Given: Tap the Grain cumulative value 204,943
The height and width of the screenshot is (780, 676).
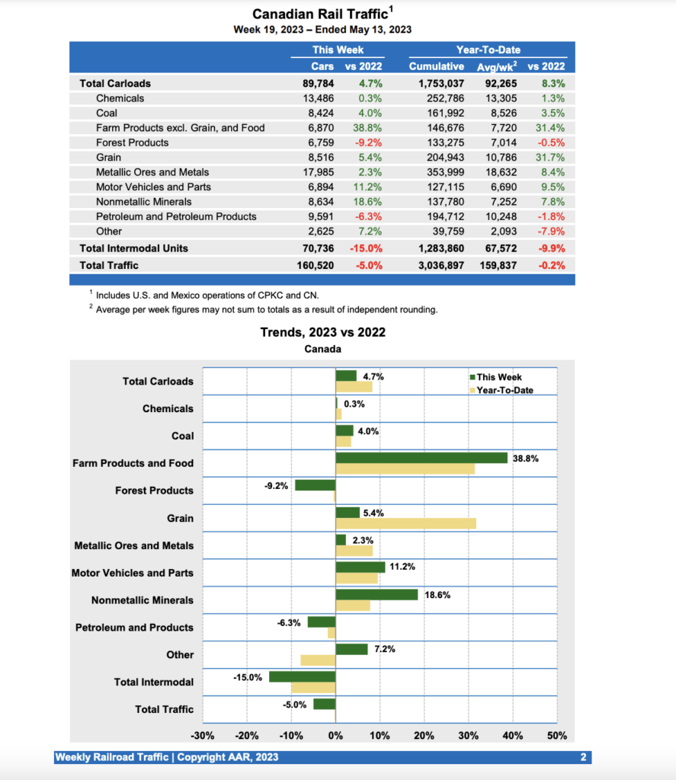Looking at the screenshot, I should coord(442,157).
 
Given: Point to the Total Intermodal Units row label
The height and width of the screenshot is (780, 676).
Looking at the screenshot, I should coord(133,248).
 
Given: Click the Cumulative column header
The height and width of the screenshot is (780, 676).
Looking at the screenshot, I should coord(437,66).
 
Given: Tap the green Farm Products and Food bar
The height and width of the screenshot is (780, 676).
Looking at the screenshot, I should coord(421,458).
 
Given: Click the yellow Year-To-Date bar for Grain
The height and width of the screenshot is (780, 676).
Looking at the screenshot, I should coord(406,523).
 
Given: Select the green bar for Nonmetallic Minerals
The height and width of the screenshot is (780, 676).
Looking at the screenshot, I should coord(376,594).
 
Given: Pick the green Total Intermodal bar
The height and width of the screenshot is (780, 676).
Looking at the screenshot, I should coord(303,676).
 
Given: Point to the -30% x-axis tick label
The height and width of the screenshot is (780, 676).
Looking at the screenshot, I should coord(202,737).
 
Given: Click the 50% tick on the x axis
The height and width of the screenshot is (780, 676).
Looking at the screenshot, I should coord(557,737).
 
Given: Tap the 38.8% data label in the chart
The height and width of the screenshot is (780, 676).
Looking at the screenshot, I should coord(525,459).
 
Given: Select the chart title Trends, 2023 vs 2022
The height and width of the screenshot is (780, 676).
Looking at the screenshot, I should coord(322,332).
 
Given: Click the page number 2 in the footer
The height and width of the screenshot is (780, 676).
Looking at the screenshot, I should coord(582,757).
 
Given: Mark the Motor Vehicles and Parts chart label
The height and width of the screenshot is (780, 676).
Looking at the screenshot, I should coord(133,573).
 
